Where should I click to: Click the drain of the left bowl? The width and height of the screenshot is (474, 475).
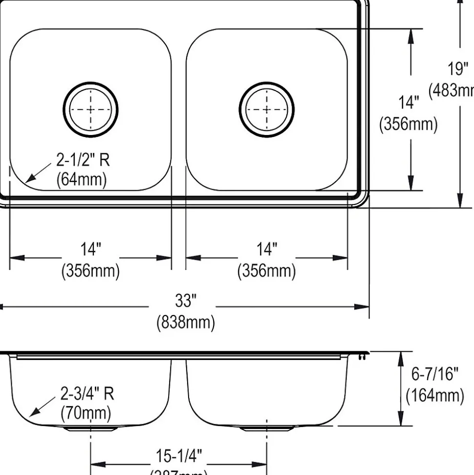[91, 109]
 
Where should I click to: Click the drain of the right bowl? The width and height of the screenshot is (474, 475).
[267, 109]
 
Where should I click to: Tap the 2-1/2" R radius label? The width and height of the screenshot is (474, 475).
[83, 160]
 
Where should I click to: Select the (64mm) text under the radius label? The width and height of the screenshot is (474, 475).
[81, 179]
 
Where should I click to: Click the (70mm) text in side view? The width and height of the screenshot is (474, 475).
[86, 413]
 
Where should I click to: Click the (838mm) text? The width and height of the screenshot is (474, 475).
[185, 322]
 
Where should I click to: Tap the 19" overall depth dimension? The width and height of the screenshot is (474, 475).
[457, 69]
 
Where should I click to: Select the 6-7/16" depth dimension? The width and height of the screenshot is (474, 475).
[434, 375]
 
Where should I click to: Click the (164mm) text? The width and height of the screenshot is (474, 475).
[434, 395]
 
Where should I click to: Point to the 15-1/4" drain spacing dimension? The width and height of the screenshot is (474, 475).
[178, 456]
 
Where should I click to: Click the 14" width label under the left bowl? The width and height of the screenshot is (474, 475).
[90, 249]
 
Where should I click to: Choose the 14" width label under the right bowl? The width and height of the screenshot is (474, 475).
[267, 249]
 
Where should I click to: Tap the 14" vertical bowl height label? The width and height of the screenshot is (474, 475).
[409, 103]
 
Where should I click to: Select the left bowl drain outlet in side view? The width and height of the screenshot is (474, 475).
[91, 428]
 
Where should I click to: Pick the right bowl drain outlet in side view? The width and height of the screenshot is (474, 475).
[267, 428]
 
